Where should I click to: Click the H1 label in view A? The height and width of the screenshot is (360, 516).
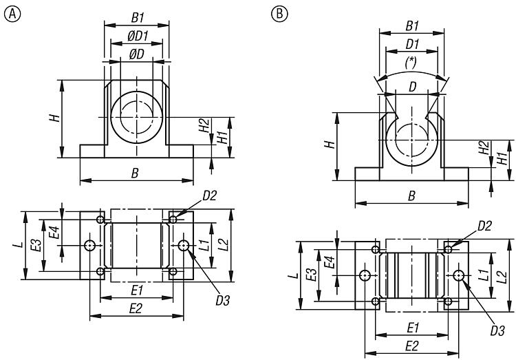(x=222, y=137)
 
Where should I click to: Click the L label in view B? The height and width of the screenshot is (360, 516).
(x=293, y=275)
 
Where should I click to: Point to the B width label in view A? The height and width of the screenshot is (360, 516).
(x=135, y=173)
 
